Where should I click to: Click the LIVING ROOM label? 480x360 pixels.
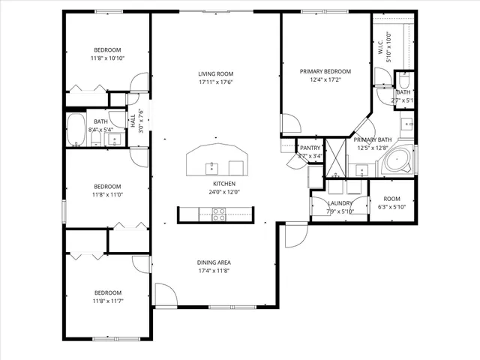coord(216,73)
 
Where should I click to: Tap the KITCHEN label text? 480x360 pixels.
coord(224,184)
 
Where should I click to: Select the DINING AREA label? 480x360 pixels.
coord(214,262)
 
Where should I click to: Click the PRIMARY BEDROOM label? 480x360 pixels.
coord(325,71)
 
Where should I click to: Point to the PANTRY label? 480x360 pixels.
coord(310,148)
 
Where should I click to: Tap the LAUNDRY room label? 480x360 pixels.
coord(340,203)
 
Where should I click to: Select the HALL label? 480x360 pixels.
coord(133,121)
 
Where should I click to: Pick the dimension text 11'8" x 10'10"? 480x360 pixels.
coord(107,58)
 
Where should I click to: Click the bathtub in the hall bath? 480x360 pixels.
coord(76,130)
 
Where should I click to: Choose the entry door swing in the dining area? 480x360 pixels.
coord(165,295)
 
